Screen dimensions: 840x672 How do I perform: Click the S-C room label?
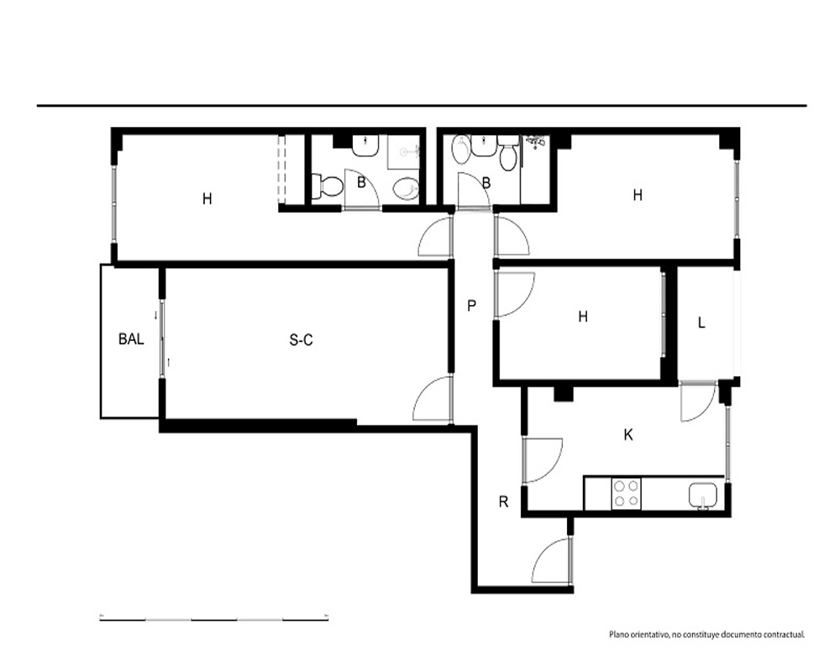point(301,339)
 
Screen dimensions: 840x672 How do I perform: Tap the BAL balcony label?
point(131,339)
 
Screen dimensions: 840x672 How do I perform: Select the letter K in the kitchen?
point(628,434)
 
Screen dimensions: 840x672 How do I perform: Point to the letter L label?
point(701,323)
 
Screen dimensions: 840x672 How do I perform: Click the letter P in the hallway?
point(471,306)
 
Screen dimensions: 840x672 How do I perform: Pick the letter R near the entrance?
point(503,501)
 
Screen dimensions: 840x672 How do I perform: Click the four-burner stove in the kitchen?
point(627,494)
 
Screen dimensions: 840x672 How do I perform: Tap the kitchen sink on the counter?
point(702,495)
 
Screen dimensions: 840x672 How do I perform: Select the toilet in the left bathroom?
point(328,186)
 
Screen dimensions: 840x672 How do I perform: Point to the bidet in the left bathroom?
point(406,188)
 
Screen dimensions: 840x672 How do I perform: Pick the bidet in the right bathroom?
point(460,150)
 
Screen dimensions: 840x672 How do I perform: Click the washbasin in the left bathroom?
point(366,145)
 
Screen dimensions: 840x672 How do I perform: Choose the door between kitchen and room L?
point(697,401)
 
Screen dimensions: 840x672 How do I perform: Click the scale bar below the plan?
point(213,619)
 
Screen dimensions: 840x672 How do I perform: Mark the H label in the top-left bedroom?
point(207,199)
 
